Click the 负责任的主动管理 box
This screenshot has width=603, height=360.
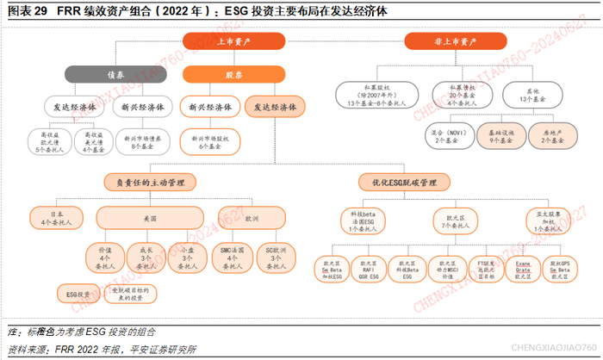145,183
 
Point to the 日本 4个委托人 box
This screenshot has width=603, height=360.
58,219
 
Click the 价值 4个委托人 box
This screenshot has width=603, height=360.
105,258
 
